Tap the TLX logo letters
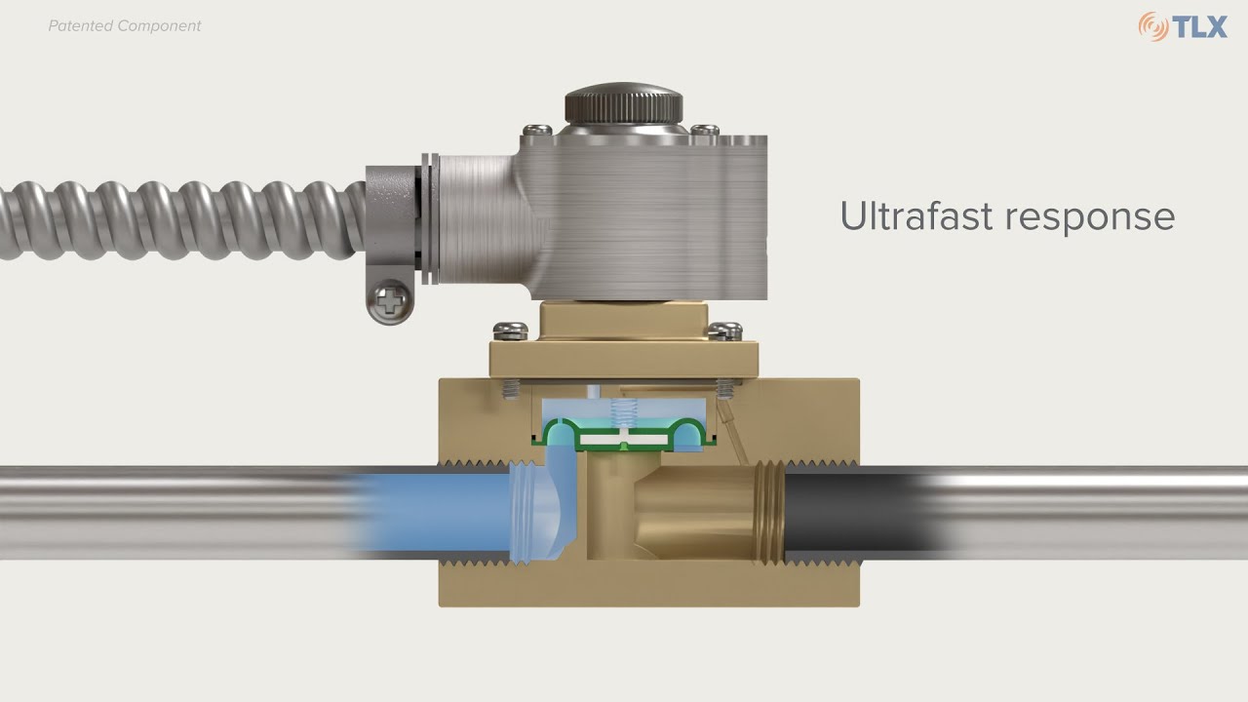click(x=1200, y=26)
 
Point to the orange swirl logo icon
click(x=1152, y=26)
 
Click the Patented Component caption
click(x=125, y=26)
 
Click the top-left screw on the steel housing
click(x=537, y=129)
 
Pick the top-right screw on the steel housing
click(x=704, y=129)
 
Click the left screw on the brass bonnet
click(x=506, y=330)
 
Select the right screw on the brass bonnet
click(x=723, y=330)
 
